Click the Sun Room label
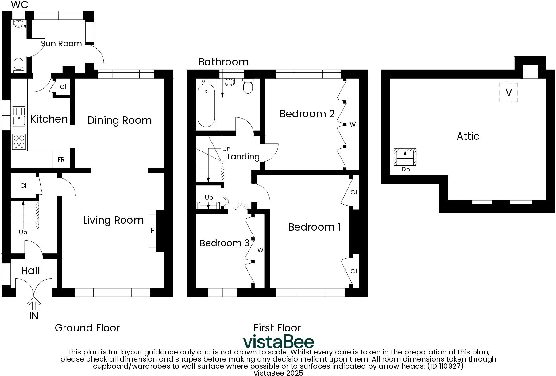click(61, 44)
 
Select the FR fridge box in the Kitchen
click(61, 159)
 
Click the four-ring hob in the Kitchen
click(19, 142)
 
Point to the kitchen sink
click(19, 116)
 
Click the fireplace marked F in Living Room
click(153, 230)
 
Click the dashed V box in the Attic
click(508, 92)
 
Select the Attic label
click(468, 136)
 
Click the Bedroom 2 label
click(307, 114)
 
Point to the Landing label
click(243, 157)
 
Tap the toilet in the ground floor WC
click(18, 65)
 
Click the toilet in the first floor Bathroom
click(248, 86)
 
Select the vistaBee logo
click(278, 341)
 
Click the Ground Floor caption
click(87, 328)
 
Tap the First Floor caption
click(277, 328)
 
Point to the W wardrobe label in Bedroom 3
click(260, 250)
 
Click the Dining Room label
click(120, 120)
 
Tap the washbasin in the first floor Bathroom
click(229, 82)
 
